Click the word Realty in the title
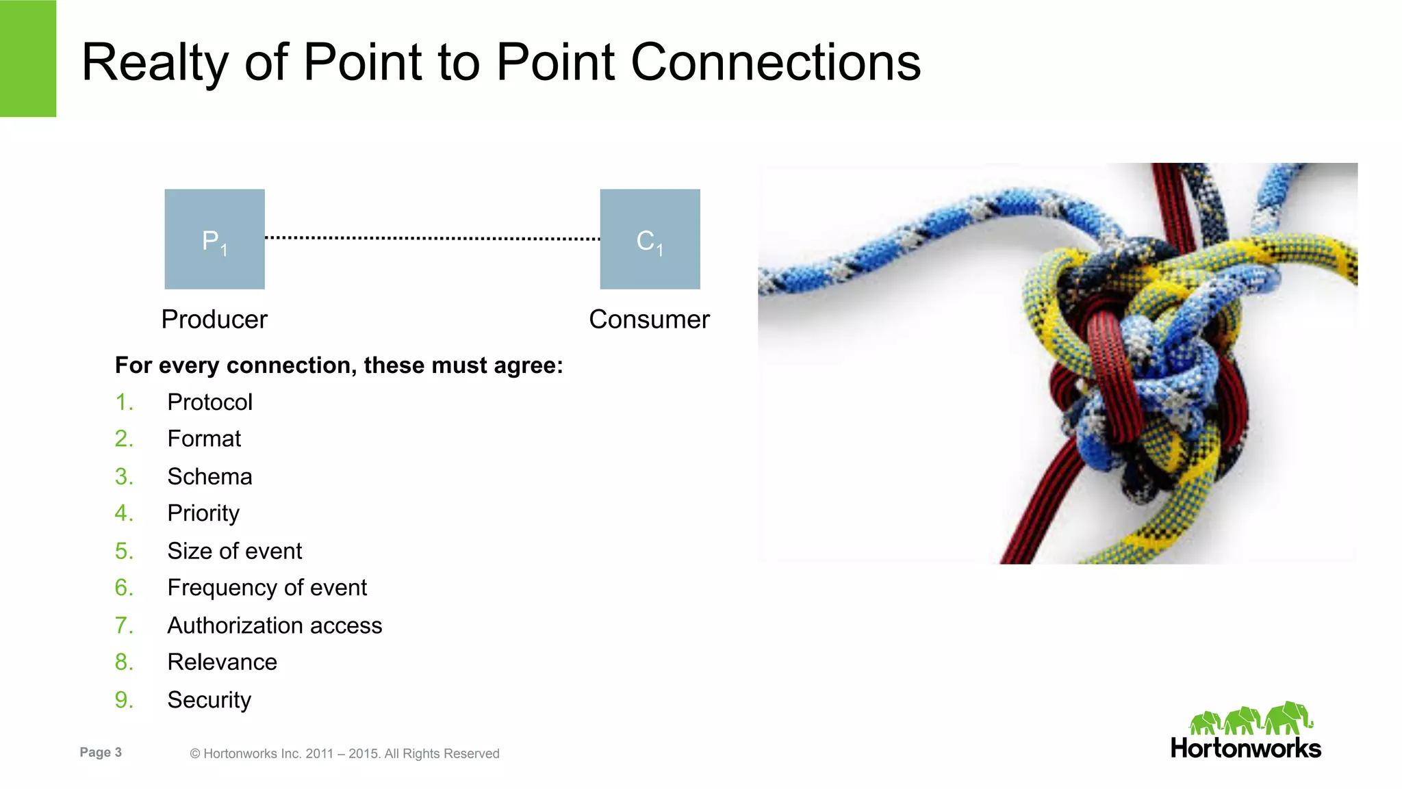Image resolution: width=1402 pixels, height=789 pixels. coord(154,63)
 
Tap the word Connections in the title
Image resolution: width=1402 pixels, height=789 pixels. coord(775,63)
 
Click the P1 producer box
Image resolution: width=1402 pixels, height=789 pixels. coord(214,240)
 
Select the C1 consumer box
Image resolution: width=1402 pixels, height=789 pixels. coord(650,240)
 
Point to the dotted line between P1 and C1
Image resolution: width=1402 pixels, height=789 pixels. coord(432,238)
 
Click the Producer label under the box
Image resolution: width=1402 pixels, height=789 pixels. coord(214,320)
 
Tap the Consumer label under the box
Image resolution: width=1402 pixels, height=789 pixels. coord(649,320)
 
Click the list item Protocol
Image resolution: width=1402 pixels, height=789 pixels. coord(209,402)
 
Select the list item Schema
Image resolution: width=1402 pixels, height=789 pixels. coord(209,476)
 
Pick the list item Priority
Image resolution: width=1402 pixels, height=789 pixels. coord(203,513)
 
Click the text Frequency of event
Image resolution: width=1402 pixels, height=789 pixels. coord(267,588)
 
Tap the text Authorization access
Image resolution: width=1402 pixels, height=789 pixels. coord(275,625)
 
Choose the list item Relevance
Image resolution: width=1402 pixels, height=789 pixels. coord(222,662)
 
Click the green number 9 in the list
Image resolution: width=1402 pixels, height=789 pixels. coord(123,700)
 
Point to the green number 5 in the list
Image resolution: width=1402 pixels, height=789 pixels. coord(123,551)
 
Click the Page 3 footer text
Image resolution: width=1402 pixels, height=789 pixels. coord(101,752)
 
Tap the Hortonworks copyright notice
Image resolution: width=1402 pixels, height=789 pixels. coord(344,753)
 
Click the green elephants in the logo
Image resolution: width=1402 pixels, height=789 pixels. coord(1250,719)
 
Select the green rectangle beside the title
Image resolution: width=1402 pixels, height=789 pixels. coord(27,58)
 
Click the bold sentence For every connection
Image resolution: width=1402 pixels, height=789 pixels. coord(338,365)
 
